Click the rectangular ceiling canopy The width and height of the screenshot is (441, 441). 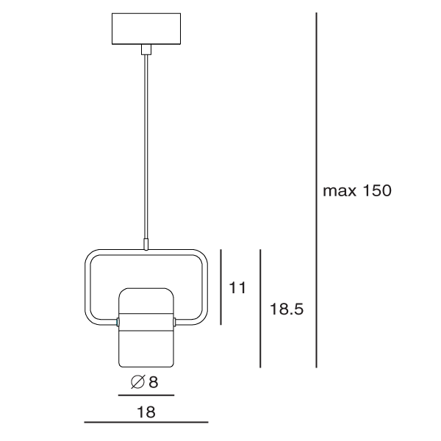(x=146, y=29)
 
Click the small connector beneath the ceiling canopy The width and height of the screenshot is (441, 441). (x=146, y=49)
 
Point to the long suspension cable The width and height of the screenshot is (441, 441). (x=146, y=146)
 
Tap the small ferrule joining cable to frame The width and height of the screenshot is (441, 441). (x=146, y=244)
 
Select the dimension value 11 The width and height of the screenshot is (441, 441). (x=237, y=287)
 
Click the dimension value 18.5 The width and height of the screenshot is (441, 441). (x=287, y=309)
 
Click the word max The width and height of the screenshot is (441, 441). (x=340, y=191)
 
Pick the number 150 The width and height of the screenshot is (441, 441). (x=377, y=190)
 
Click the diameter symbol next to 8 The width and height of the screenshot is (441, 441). (x=138, y=382)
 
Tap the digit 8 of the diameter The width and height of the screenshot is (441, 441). (x=154, y=382)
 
